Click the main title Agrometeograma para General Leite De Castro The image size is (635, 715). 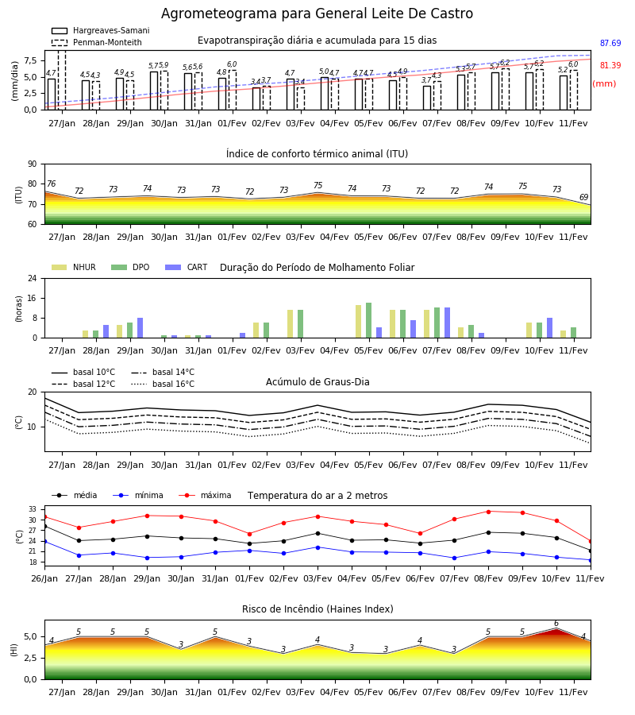(x=317, y=14)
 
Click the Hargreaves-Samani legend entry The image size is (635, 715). (x=100, y=30)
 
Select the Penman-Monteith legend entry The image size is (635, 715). (x=97, y=42)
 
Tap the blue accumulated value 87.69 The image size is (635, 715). (x=610, y=44)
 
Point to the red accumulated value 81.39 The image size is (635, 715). (x=610, y=66)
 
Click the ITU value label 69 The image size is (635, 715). (x=583, y=197)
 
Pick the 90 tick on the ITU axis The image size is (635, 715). (x=33, y=164)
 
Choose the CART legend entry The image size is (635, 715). (x=186, y=267)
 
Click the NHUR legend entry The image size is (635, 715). (x=73, y=267)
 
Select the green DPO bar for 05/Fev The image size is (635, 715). (x=368, y=320)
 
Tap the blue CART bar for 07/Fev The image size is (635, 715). (x=448, y=323)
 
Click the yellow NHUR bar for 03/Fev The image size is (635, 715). (x=291, y=324)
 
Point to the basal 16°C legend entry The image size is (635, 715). (x=163, y=384)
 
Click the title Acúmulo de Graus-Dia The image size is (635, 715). (x=317, y=382)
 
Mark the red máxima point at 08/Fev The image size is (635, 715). (x=489, y=512)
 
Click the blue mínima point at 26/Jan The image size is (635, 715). (x=44, y=541)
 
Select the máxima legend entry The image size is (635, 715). (x=205, y=495)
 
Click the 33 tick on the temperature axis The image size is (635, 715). (x=33, y=509)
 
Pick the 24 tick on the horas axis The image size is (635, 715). (x=33, y=278)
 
